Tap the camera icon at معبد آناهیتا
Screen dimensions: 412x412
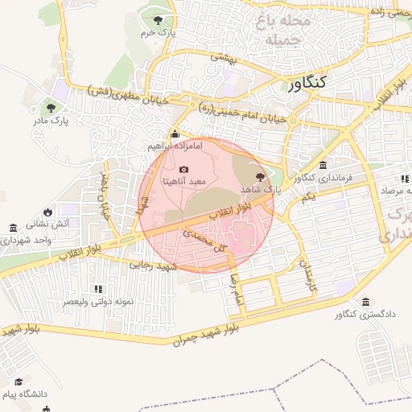pos(184,170)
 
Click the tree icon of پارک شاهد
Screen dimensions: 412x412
pos(259,177)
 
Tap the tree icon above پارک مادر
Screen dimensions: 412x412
pos(51,107)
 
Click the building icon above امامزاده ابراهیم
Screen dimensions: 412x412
pos(175,134)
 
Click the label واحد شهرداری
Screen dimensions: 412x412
pos(26,240)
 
